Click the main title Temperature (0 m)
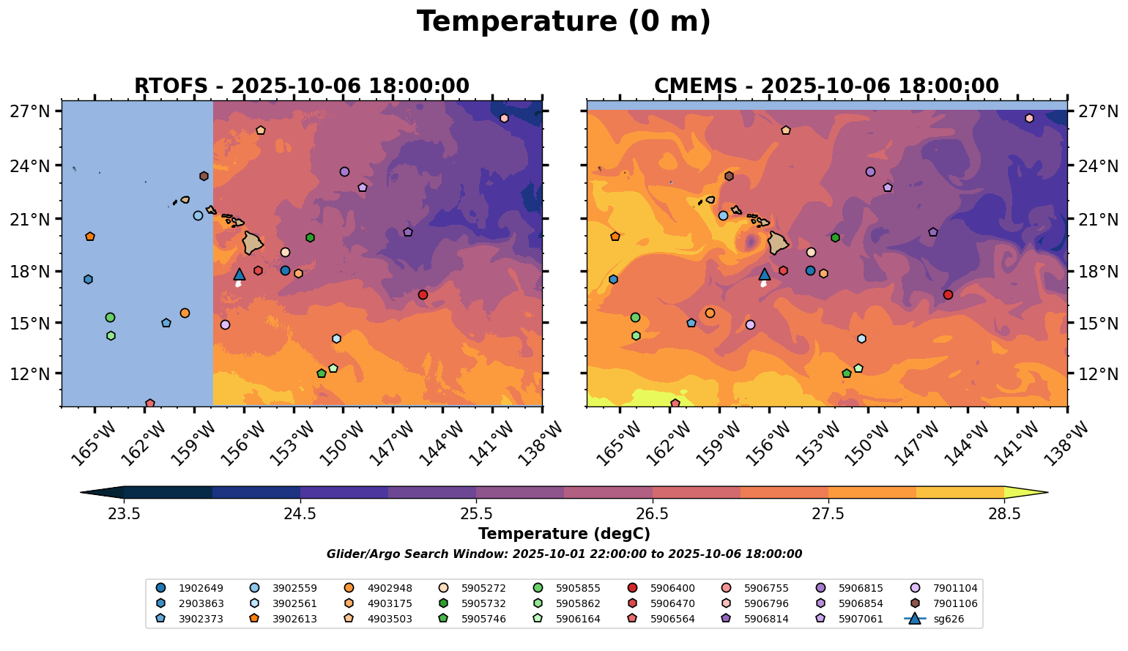point(563,22)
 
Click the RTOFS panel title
point(301,86)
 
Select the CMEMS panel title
point(826,86)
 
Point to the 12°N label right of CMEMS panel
point(1097,373)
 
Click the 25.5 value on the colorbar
point(476,514)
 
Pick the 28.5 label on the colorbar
point(1004,514)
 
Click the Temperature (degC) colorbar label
point(563,534)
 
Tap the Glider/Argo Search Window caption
point(563,554)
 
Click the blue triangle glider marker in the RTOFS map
point(240,275)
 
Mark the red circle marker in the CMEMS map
point(948,294)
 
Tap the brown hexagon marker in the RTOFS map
point(204,176)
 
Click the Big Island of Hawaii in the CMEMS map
point(778,242)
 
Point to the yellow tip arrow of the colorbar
point(1025,493)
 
